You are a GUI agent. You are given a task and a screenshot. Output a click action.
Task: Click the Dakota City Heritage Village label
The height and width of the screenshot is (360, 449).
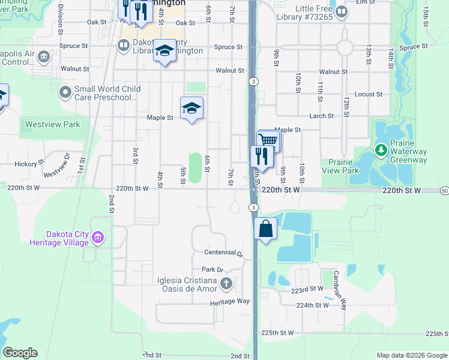[x=59, y=239]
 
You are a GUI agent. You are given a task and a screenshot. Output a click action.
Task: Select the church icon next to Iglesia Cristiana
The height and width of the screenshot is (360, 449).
[x=226, y=283]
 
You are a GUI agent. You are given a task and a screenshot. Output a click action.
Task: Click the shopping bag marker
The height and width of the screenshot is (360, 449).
[x=265, y=229]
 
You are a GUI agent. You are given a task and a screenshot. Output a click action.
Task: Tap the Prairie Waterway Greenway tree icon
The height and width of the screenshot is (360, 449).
[x=379, y=149]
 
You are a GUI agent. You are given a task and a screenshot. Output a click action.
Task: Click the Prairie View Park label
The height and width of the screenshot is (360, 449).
[x=343, y=166]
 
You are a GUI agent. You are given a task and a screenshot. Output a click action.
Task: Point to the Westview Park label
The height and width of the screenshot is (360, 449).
[x=52, y=125]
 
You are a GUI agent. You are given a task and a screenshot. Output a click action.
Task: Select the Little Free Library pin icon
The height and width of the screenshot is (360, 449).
[x=342, y=11]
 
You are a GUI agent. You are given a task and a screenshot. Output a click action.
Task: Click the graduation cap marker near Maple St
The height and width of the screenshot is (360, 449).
[x=191, y=109]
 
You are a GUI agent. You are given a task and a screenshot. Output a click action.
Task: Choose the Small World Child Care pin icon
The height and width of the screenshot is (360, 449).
[x=65, y=93]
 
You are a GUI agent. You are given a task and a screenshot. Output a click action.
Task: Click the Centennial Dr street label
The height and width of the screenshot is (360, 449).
[x=223, y=253]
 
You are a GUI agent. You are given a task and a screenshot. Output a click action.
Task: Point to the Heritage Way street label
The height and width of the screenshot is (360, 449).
[x=229, y=301]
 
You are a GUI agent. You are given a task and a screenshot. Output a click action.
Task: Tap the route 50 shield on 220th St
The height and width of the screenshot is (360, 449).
[x=444, y=190]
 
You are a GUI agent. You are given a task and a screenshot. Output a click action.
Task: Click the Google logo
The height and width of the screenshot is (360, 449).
[x=20, y=353]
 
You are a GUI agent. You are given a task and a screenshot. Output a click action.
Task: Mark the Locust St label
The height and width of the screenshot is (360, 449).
[x=369, y=94]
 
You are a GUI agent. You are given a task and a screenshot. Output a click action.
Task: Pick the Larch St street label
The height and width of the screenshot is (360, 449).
[x=322, y=116]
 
